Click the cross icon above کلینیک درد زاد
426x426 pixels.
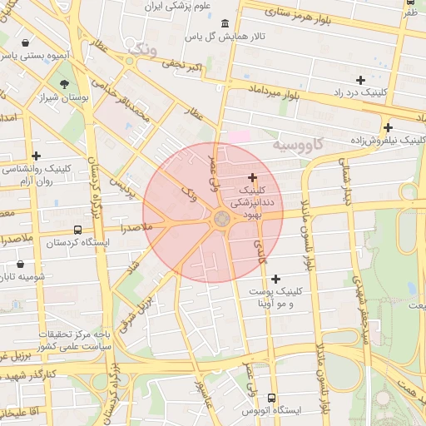[360, 80]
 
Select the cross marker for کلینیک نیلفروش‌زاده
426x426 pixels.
[388, 127]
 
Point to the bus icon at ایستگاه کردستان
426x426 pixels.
[77, 230]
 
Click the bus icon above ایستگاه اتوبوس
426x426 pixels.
[272, 397]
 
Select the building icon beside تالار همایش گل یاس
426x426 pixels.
[225, 25]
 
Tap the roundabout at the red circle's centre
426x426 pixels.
[221, 219]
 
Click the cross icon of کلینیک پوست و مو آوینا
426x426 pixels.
[275, 278]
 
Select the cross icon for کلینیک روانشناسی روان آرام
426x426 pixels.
[36, 156]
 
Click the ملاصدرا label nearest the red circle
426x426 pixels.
[136, 226]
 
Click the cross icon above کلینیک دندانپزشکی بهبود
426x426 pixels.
[252, 177]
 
